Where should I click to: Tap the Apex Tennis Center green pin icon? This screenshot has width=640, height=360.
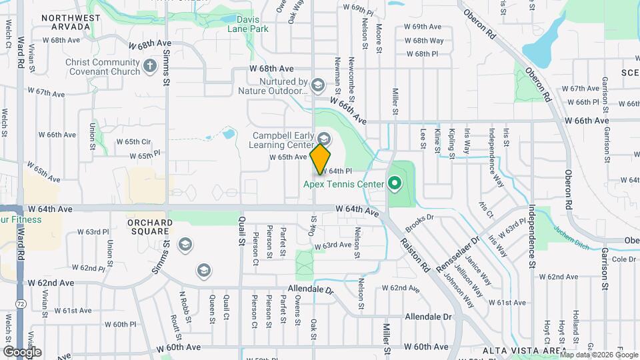[394, 182]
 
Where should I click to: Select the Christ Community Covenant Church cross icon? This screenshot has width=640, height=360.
[150, 67]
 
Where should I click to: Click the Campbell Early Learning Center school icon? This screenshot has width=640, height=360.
[324, 139]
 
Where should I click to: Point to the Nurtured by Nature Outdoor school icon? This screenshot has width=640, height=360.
[318, 85]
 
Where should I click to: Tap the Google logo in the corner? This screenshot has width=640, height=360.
[22, 351]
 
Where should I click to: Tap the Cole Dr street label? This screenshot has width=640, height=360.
[623, 259]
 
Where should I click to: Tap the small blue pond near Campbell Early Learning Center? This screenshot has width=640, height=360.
[229, 134]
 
